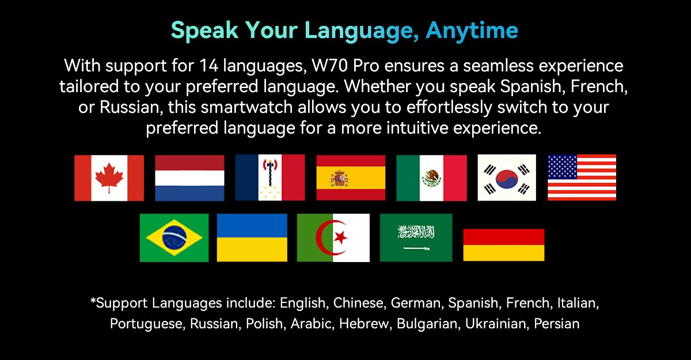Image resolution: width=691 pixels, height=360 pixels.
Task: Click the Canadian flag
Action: point(109,178)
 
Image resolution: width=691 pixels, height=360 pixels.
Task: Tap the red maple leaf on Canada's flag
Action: point(109,177)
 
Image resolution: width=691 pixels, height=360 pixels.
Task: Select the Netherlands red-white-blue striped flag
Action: point(189,178)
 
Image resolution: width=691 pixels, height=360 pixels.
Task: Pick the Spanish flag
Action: point(351,177)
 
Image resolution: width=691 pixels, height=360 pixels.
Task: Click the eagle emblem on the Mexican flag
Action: point(431,179)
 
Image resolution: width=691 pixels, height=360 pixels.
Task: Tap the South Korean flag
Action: point(507,177)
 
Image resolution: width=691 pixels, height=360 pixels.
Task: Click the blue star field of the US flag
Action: point(563,167)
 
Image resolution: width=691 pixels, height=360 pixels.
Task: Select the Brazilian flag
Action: point(174,238)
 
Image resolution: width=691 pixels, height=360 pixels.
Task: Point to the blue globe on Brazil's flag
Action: point(174,238)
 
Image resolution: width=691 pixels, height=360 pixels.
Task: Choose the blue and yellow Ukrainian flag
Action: point(252,237)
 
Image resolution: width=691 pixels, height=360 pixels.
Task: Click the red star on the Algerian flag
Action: point(340,237)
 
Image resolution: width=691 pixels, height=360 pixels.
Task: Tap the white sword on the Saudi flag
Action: point(416,248)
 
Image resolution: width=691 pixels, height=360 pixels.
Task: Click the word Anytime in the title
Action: point(472,30)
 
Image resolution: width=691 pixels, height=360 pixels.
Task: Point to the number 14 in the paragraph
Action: point(208,66)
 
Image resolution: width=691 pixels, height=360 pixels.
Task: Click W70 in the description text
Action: point(330,66)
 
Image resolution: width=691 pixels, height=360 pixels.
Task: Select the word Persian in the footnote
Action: point(556,324)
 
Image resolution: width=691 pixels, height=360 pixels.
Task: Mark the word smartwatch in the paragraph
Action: point(246,107)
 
